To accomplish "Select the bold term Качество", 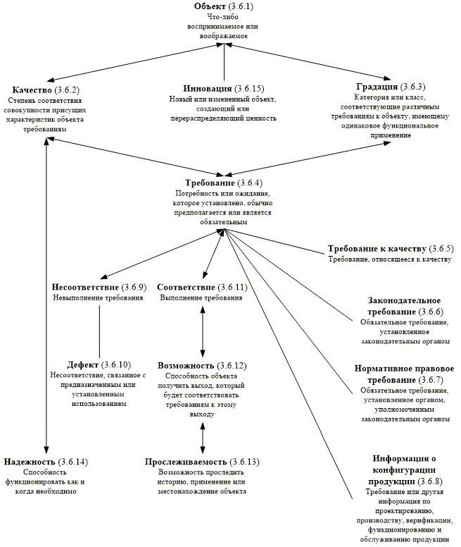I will (32, 90).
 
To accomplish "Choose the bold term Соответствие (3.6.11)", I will (187, 287).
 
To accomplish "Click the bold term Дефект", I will (83, 364).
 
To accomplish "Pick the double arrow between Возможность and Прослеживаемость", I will (203, 436).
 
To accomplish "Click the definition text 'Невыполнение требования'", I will (99, 297).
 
